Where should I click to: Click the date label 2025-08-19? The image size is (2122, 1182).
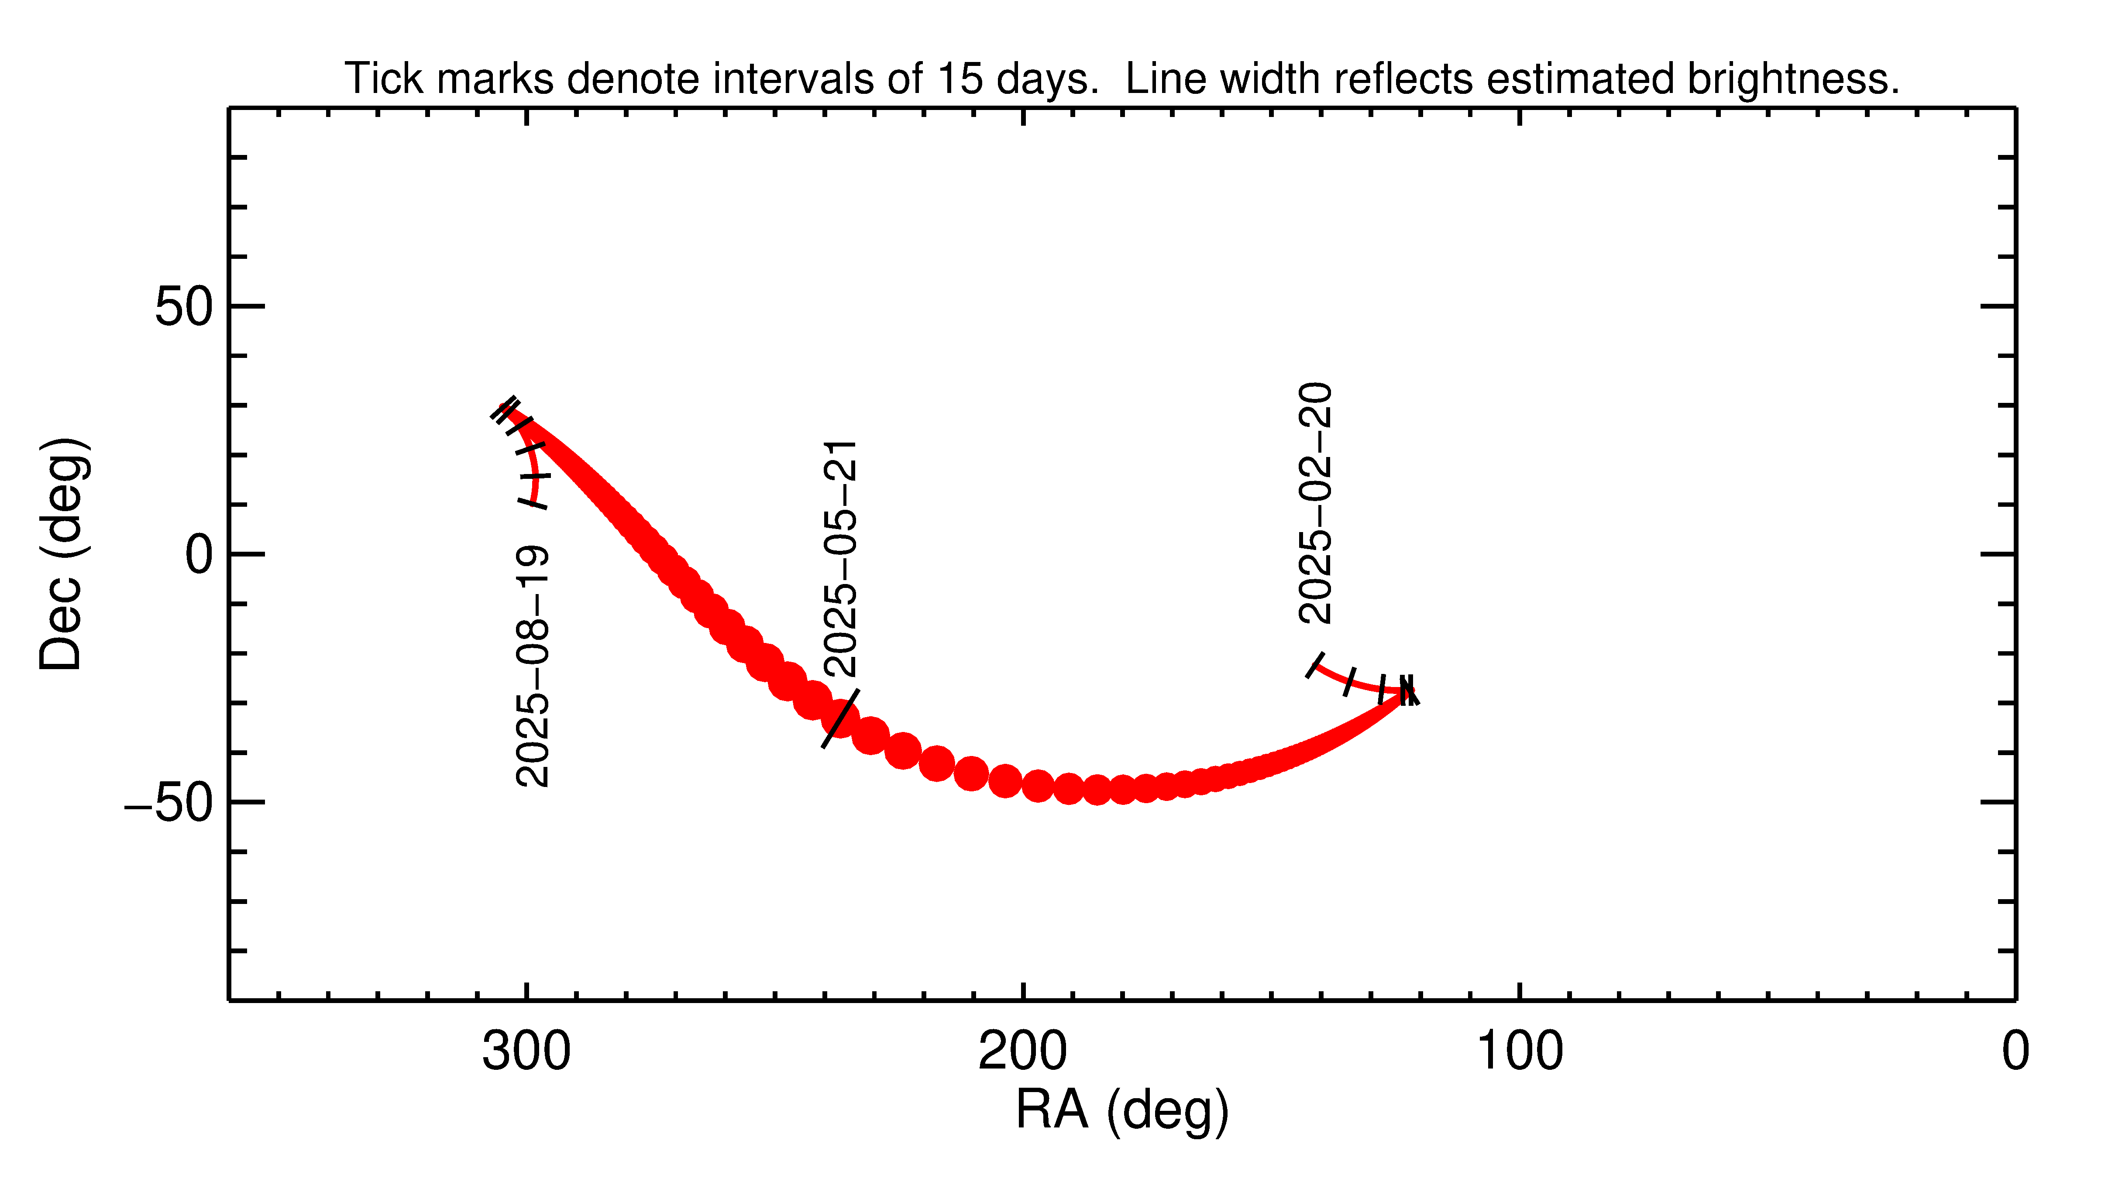pyautogui.click(x=532, y=666)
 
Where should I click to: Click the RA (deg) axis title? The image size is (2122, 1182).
pyautogui.click(x=1122, y=1110)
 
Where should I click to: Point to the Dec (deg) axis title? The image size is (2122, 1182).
pyautogui.click(x=62, y=553)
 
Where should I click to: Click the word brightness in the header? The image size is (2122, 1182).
pyautogui.click(x=1792, y=79)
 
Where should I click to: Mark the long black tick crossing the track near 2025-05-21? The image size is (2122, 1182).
pyautogui.click(x=840, y=718)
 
